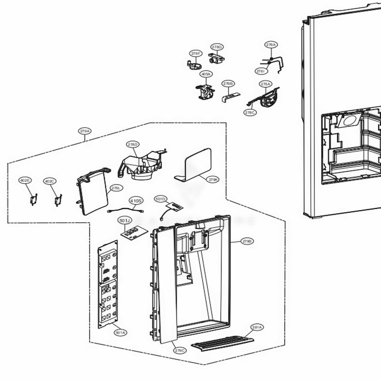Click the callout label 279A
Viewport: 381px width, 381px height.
tap(85, 131)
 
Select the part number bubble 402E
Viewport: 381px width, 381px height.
tap(26, 181)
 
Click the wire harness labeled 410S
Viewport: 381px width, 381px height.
tap(126, 209)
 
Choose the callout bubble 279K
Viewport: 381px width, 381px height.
tap(213, 179)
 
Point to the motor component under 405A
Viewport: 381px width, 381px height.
tap(205, 92)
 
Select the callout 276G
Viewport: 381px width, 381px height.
tap(217, 47)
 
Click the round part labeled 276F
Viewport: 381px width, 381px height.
tap(195, 64)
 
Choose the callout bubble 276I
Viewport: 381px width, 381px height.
tap(261, 71)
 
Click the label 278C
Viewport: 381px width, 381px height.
tap(250, 112)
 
